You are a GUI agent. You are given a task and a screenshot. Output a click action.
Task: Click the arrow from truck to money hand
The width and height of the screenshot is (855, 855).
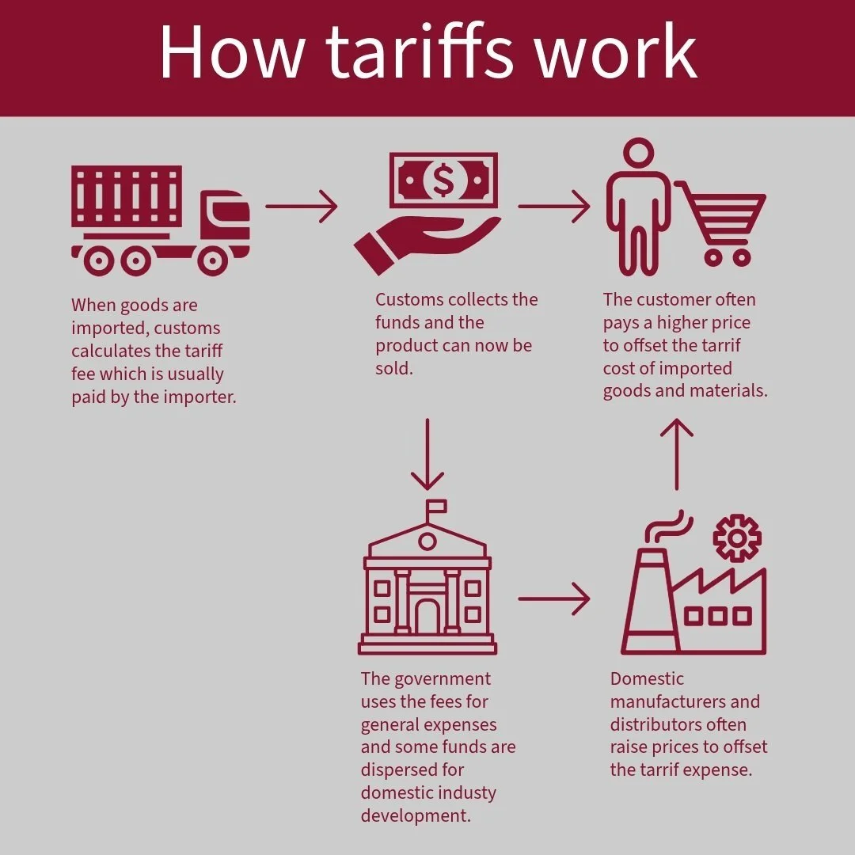(301, 207)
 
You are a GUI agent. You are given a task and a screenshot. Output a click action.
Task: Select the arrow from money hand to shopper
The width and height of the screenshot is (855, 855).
(554, 207)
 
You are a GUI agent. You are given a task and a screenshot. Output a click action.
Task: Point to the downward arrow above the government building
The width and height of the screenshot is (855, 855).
(427, 454)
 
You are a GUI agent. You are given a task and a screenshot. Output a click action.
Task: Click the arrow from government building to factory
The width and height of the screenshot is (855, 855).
(554, 599)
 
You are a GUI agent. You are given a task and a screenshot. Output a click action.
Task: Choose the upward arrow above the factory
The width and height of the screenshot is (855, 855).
(677, 454)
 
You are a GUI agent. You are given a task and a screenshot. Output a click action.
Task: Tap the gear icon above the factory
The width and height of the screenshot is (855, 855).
(736, 538)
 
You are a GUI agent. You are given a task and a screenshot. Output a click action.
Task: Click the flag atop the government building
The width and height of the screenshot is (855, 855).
(436, 507)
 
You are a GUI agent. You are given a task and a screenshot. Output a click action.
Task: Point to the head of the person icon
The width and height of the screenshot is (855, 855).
(636, 154)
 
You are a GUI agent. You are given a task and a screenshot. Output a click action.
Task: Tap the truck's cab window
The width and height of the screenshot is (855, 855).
(232, 211)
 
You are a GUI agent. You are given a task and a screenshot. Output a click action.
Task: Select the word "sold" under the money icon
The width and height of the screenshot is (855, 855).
(393, 368)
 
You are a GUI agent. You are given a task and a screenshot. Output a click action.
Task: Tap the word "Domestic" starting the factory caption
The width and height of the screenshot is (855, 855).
(647, 678)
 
